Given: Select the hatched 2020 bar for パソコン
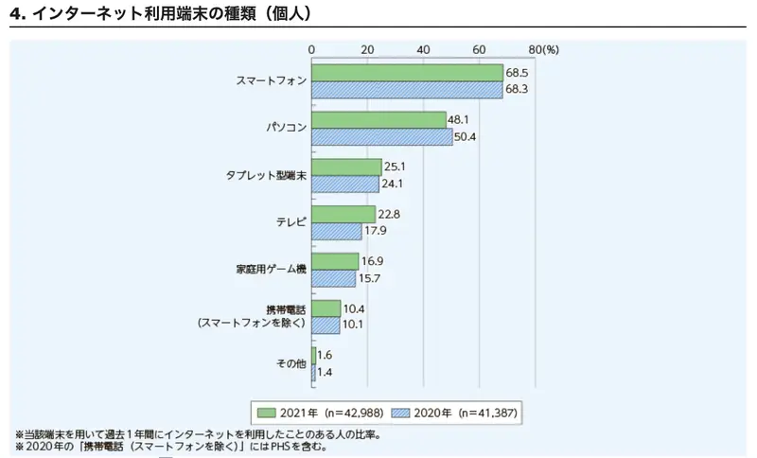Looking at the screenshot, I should pos(381,137).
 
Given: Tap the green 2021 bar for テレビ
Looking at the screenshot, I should pos(343,215).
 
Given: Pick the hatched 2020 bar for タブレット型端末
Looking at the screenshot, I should pos(345,185).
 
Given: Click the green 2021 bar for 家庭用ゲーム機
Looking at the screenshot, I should pos(335,262).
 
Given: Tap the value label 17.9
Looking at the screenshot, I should pos(376,231).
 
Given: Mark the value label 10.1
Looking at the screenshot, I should pos(354,326).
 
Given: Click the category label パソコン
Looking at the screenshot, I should pos(285,128).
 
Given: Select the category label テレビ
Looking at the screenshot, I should pos(290,222).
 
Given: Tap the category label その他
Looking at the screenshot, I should pos(290,364).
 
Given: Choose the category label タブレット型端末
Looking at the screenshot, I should pos(266,175).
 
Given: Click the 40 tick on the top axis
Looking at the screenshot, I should pos(423,48).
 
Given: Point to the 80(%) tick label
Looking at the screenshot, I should pos(544,48).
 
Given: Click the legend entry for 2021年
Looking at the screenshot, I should pos(310,413).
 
